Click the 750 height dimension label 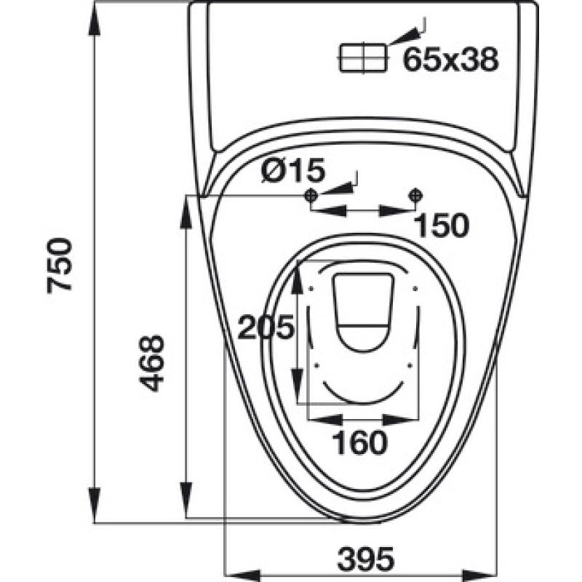(x=60, y=266)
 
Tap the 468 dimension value (x=151, y=363)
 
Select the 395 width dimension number (x=366, y=559)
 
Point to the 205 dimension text (x=266, y=327)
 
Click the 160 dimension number (x=359, y=442)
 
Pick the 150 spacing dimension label (x=442, y=226)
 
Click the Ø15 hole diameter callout (x=293, y=170)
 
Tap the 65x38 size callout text (x=450, y=60)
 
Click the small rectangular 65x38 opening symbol (x=363, y=57)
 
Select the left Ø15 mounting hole (x=311, y=195)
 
